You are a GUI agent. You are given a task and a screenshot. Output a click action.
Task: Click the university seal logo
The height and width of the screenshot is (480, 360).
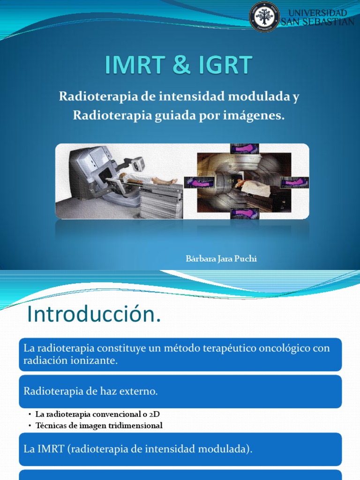coord(264,17)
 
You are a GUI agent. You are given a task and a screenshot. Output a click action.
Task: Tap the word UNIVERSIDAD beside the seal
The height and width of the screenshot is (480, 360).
coord(317,13)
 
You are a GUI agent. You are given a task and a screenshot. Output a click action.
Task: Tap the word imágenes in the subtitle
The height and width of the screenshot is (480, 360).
coord(256,115)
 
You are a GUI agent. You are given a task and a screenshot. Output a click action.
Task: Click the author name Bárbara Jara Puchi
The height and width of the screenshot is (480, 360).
coord(221,259)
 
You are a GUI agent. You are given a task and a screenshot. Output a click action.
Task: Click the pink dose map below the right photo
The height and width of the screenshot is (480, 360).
coord(244,214)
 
